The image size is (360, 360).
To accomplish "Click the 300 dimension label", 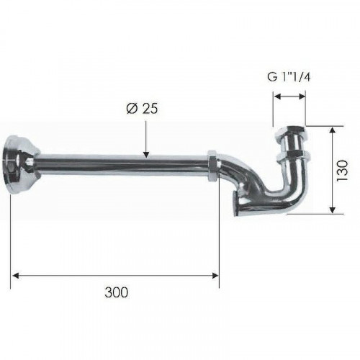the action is pos(117,292).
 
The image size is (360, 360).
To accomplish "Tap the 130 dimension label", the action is pos(342,171).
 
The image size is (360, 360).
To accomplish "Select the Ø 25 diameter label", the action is pos(142,109).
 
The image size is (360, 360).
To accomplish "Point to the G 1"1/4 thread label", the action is pos(289,77).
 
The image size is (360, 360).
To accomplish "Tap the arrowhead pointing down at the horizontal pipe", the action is pos(146,154).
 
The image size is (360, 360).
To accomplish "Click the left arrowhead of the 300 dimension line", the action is pos(15,276).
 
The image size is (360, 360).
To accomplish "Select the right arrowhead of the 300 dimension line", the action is pos(215,276).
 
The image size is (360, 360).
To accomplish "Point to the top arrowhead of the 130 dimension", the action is pos(332,130).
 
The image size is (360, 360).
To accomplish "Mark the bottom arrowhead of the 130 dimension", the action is pos(332,210).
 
